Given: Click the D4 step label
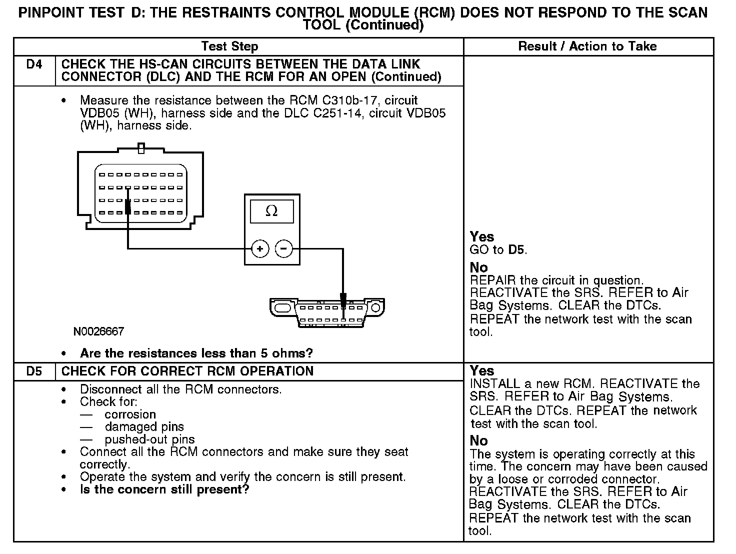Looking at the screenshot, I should [x=34, y=64].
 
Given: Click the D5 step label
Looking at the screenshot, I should [x=34, y=371].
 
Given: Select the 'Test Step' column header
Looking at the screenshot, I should [x=229, y=46].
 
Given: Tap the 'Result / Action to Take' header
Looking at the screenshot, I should [x=587, y=46].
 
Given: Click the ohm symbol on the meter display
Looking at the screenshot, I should [x=271, y=211].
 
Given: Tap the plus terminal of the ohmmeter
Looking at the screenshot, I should [x=260, y=248].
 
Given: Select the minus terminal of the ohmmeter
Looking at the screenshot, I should [x=284, y=248].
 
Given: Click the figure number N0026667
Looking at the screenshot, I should [x=98, y=331].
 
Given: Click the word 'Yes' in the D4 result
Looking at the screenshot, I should [x=482, y=237].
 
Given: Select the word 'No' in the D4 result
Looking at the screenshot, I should [x=478, y=267].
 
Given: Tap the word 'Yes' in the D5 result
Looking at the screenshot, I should [x=482, y=371].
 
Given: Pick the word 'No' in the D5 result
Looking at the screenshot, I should [x=478, y=441].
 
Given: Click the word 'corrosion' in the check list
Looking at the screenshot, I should [x=130, y=414].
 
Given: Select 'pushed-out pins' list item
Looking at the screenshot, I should [x=149, y=440].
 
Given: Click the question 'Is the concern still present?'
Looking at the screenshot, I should [x=164, y=489].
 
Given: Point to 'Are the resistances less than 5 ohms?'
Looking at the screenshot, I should [x=196, y=353].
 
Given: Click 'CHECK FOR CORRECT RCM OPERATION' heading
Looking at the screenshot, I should [x=187, y=371].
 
